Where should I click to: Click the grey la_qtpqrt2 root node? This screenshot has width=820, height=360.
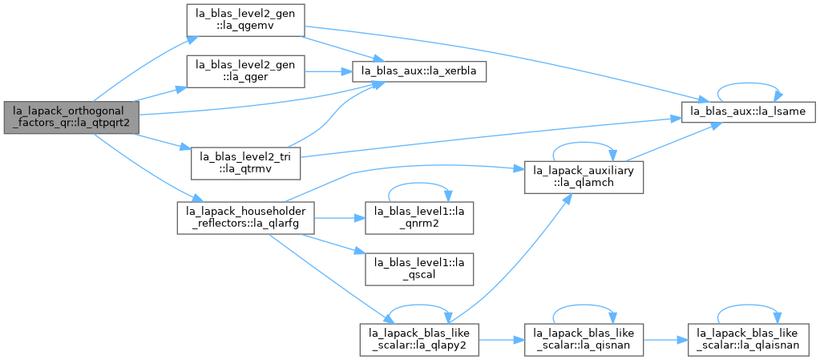coord(71,118)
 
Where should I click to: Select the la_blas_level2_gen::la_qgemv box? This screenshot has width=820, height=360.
coord(246,20)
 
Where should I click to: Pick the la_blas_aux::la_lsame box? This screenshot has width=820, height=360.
coord(748,112)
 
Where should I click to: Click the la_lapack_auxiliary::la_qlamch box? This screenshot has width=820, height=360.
coord(584,178)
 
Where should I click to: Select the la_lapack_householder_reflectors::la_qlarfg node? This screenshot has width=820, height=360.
coord(246,217)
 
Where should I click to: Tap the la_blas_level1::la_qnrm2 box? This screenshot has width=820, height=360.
coord(419,217)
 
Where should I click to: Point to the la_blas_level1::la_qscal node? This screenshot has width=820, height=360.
coord(419,269)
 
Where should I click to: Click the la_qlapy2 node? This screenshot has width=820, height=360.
coord(419,340)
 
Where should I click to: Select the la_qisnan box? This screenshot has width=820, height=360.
coord(584,340)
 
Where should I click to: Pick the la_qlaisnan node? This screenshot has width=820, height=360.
coord(748,340)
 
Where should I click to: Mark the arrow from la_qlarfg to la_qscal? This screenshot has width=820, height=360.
coord(333,244)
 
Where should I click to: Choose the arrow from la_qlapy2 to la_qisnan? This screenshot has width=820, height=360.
coord(502,340)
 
